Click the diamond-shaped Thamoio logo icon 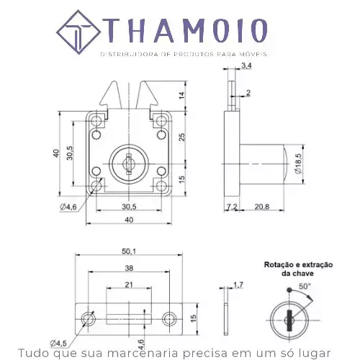point(78,32)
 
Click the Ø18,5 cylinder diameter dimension point(298,164)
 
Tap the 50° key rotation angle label point(305,287)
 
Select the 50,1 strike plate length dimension point(129,251)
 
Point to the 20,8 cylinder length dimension point(262,207)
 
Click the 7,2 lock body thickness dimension point(232,207)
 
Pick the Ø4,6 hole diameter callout point(68,207)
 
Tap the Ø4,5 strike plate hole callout point(58,343)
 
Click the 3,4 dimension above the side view point(246,66)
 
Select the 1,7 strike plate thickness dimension point(238,285)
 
